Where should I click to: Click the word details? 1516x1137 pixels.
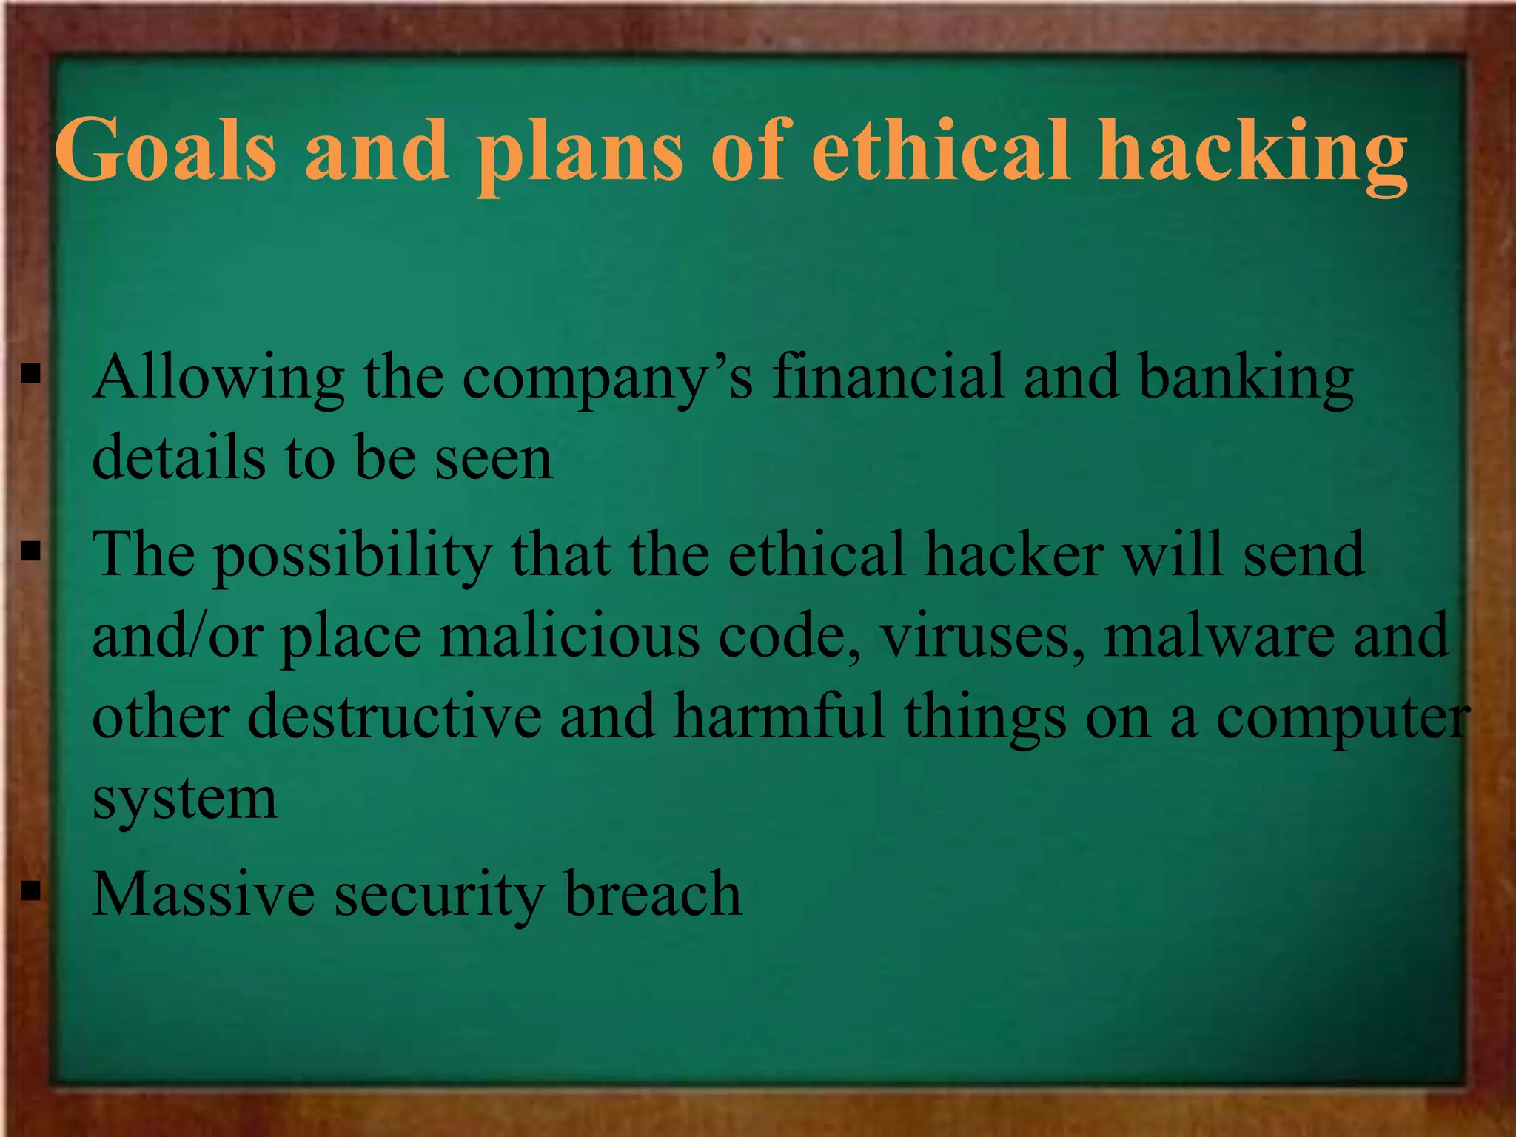pos(178,457)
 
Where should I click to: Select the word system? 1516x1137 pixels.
pos(184,799)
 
